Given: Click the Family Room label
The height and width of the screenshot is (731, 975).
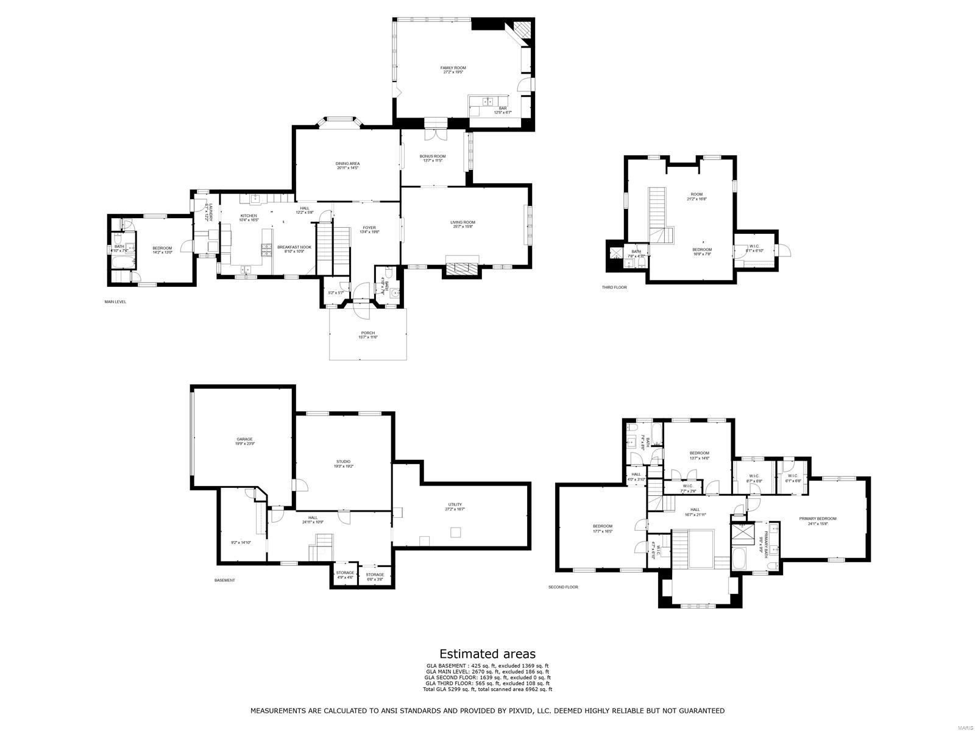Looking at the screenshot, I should tap(453, 68).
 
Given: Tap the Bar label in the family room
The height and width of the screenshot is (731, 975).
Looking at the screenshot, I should tap(503, 108).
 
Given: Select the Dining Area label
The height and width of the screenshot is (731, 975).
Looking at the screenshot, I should tap(347, 164).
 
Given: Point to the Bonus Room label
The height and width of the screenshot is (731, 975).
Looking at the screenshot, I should tap(433, 157).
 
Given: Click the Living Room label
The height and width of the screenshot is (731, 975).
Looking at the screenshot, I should tap(463, 223).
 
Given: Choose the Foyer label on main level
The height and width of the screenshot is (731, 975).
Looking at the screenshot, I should tap(369, 228).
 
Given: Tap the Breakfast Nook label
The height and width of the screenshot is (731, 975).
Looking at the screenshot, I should tap(294, 247).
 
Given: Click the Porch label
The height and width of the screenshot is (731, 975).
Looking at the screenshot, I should tap(367, 333).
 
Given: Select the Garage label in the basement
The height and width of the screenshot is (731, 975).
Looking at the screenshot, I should tap(244, 439).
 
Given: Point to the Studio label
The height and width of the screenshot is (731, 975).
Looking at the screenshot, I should tap(343, 462).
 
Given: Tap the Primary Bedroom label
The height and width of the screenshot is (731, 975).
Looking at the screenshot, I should tap(818, 519).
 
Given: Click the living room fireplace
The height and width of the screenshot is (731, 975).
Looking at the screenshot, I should tap(462, 269).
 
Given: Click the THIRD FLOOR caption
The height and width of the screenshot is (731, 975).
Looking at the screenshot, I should tap(614, 287).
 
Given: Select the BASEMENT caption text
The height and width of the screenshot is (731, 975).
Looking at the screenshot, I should tap(224, 580).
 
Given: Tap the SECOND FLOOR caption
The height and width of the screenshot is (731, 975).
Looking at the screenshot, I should tap(563, 587).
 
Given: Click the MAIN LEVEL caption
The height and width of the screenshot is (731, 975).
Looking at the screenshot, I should tap(115, 302).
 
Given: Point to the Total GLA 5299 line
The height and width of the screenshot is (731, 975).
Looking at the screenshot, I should tap(487, 689).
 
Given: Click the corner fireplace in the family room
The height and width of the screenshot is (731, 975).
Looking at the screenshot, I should tap(521, 29).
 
